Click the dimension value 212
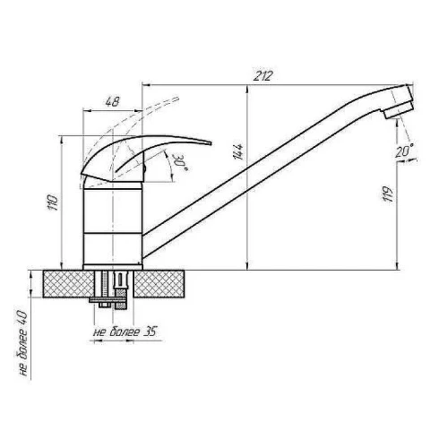[263, 76]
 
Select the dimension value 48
[112, 101]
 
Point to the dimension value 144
[239, 151]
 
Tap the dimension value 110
[53, 202]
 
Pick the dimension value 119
[388, 194]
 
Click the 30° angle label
[180, 162]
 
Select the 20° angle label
[404, 151]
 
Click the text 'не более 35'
[125, 332]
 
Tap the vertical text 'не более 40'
[23, 344]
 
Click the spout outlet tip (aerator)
[399, 110]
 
